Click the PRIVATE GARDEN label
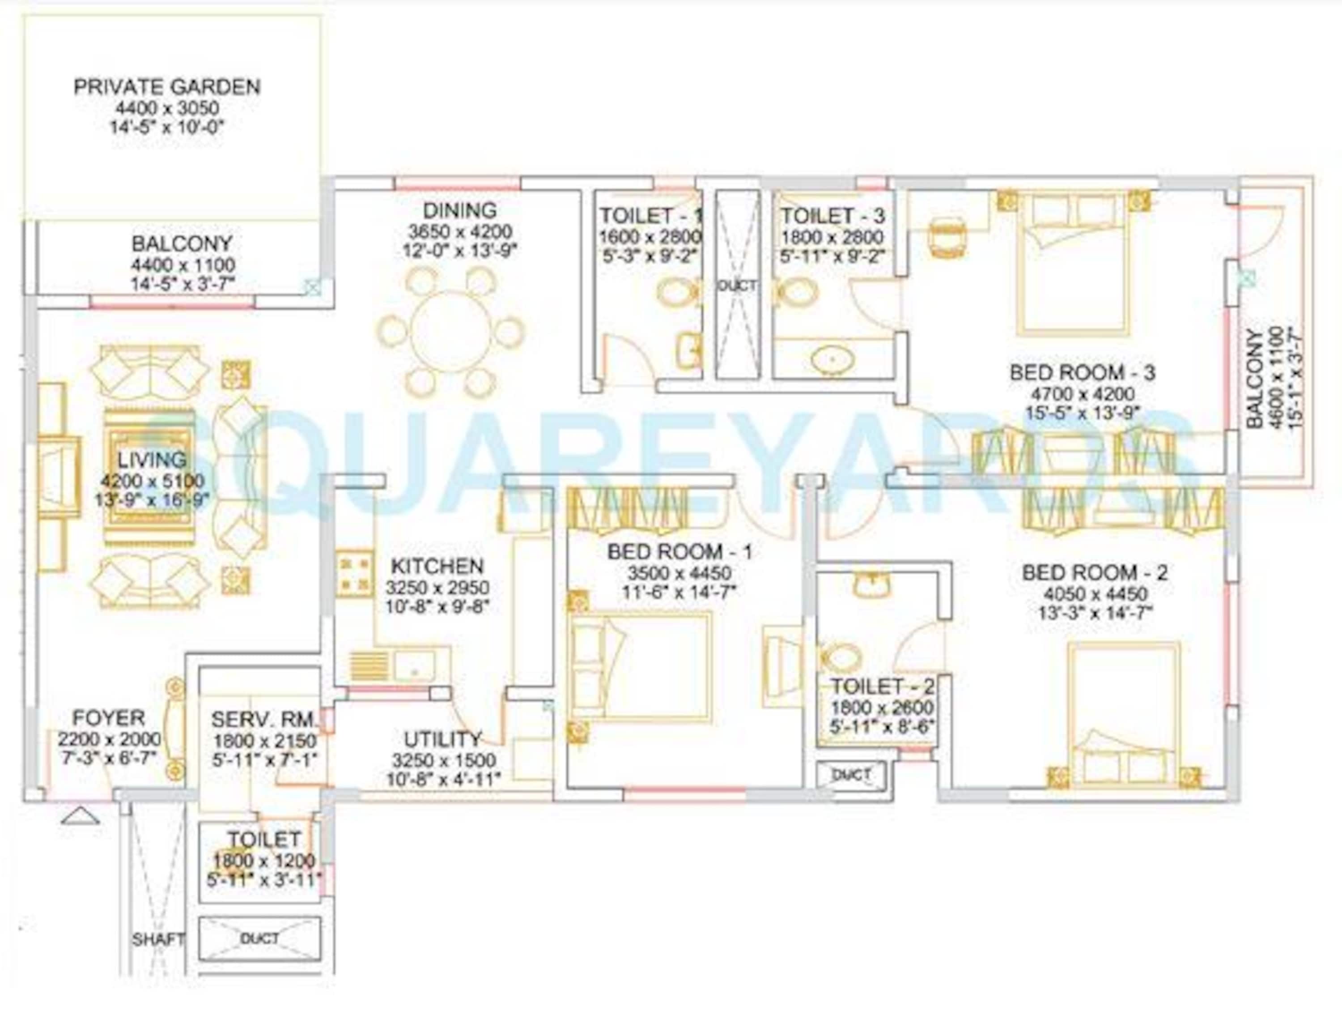coord(167,87)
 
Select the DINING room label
coord(459,210)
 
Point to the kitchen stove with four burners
coord(354,573)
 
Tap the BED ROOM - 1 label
coord(679,552)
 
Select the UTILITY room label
coord(443,739)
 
